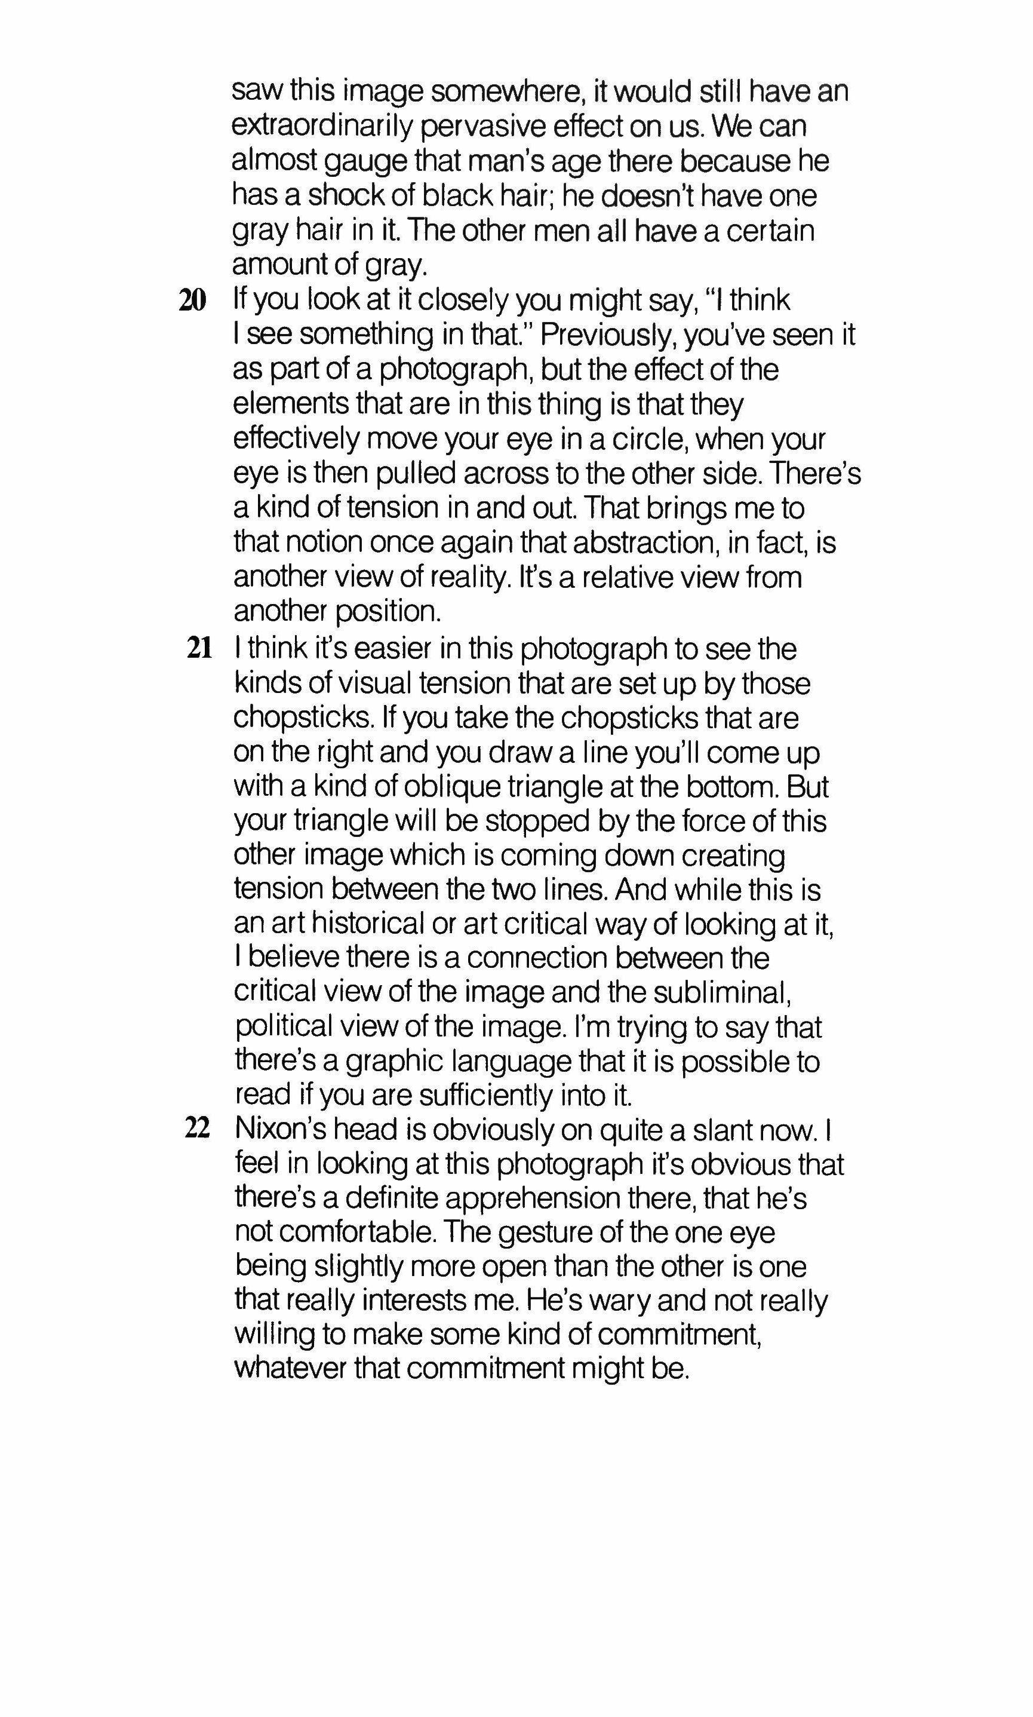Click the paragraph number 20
pos(193,301)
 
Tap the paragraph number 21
pos(198,648)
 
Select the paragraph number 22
pos(197,1129)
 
